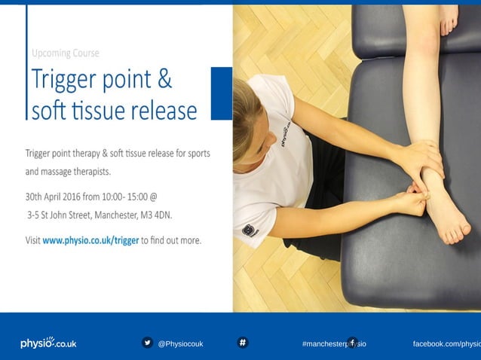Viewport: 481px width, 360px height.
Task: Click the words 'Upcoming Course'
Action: [66, 53]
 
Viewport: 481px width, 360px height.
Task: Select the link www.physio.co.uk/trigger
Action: [90, 241]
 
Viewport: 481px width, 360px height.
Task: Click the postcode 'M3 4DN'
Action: [155, 215]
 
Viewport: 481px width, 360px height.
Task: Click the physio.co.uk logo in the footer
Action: [48, 343]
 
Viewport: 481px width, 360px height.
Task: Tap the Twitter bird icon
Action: [147, 343]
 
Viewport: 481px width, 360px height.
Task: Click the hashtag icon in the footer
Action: [243, 343]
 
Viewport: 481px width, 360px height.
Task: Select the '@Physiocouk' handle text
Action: [180, 343]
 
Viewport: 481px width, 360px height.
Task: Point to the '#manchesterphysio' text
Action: [333, 343]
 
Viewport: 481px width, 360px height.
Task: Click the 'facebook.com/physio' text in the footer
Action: [446, 343]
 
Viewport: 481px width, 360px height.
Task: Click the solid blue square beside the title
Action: [221, 93]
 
